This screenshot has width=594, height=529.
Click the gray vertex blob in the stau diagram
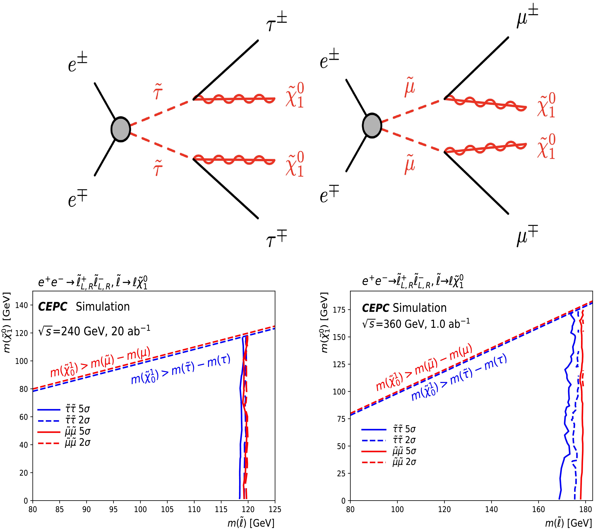click(x=120, y=129)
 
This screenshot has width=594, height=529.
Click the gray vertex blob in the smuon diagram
click(x=372, y=126)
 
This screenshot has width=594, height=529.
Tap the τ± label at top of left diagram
click(x=276, y=23)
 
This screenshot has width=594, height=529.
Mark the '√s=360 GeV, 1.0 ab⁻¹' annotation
click(x=416, y=323)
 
